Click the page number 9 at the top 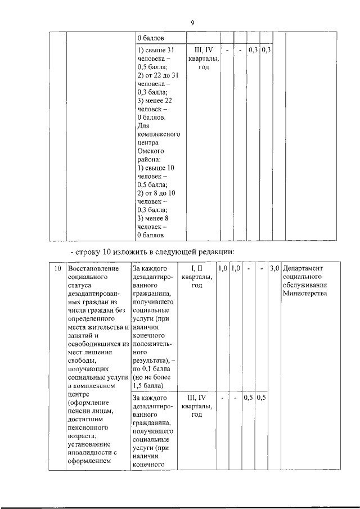pyautogui.click(x=192, y=23)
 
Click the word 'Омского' pyautogui.click(x=151, y=151)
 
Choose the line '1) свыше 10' pyautogui.click(x=156, y=168)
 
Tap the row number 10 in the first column pyautogui.click(x=57, y=268)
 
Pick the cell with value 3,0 pyautogui.click(x=274, y=268)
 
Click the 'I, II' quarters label pyautogui.click(x=196, y=268)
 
